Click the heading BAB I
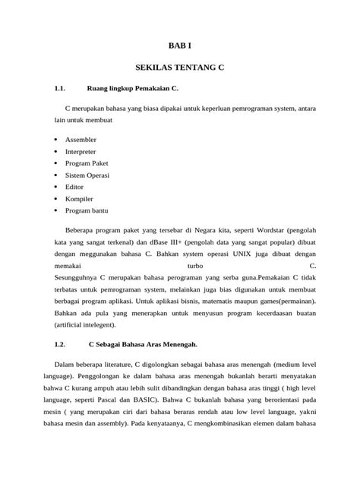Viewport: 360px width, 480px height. [x=180, y=46]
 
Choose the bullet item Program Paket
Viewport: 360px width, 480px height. [x=87, y=163]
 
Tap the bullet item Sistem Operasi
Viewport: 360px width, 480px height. [x=89, y=174]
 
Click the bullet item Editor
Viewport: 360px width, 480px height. [x=74, y=185]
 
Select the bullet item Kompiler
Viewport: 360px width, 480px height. [x=79, y=197]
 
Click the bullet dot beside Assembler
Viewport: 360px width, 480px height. [x=57, y=140]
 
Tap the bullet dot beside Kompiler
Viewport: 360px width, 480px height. [x=57, y=197]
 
